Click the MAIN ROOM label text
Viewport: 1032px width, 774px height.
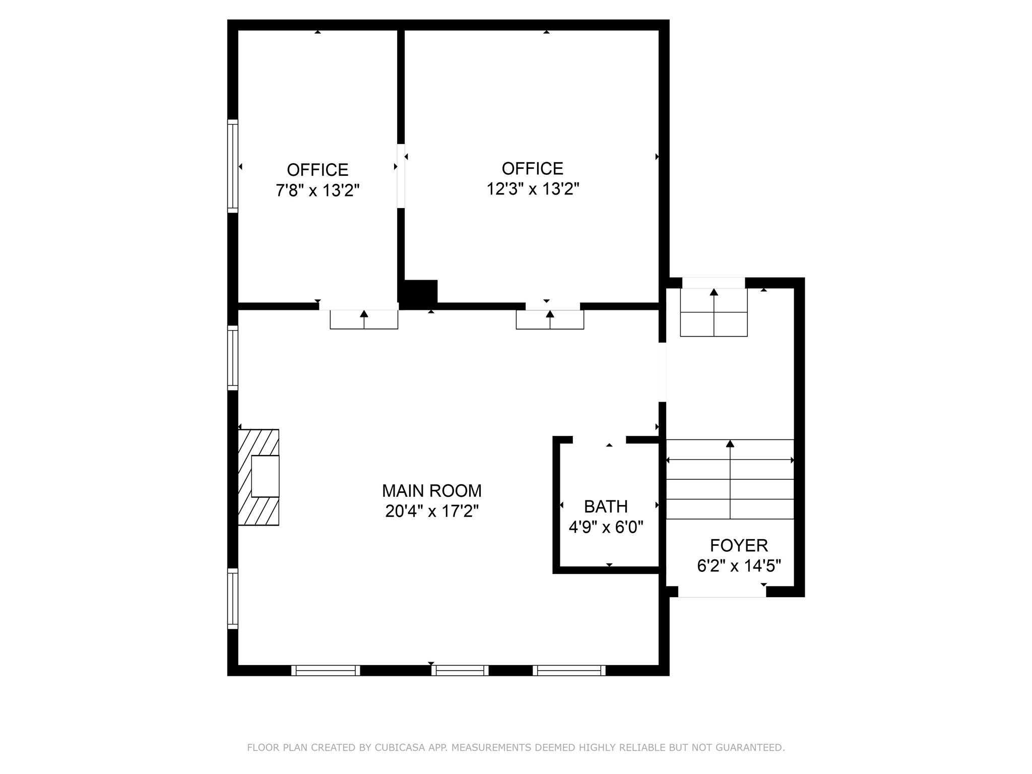pyautogui.click(x=431, y=490)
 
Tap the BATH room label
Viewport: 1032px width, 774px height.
pyautogui.click(x=606, y=506)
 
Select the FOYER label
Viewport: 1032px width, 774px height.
pyautogui.click(x=739, y=545)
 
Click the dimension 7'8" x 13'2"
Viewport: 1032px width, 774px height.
pyautogui.click(x=317, y=190)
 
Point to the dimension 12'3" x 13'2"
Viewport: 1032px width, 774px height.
pyautogui.click(x=533, y=189)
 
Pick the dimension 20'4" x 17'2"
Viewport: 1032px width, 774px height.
pyautogui.click(x=431, y=511)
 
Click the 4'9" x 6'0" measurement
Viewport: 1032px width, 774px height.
pyautogui.click(x=606, y=527)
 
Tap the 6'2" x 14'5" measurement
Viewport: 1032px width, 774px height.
pyautogui.click(x=739, y=566)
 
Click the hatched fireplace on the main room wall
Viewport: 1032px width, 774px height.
pyautogui.click(x=259, y=477)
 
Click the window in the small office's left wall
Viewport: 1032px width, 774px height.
pyautogui.click(x=232, y=166)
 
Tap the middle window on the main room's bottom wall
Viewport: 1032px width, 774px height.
pyautogui.click(x=460, y=670)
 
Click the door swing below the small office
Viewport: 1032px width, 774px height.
pyautogui.click(x=364, y=319)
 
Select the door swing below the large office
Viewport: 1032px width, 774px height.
pyautogui.click(x=550, y=319)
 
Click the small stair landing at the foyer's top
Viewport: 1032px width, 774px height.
pyautogui.click(x=714, y=312)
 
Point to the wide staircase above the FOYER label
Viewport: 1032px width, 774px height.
pyautogui.click(x=730, y=479)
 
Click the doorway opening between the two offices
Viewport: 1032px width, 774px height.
pyautogui.click(x=401, y=176)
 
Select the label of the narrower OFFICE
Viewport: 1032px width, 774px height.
pyautogui.click(x=317, y=169)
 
